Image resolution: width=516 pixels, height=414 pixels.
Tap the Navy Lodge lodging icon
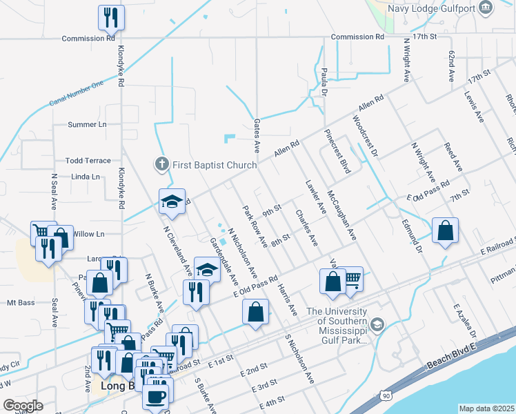click(486, 8)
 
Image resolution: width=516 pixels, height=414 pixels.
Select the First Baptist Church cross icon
click(161, 165)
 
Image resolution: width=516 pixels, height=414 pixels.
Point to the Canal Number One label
click(76, 93)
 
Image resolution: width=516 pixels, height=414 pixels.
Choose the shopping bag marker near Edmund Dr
click(445, 230)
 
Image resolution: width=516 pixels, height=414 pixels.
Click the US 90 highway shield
click(384, 394)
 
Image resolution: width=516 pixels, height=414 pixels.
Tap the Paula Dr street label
click(324, 79)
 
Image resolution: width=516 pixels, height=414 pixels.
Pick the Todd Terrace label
click(88, 161)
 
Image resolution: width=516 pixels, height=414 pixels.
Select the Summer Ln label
click(87, 125)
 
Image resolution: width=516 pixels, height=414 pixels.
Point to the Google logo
click(23, 405)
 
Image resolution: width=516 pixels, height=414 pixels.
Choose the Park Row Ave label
click(254, 226)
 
